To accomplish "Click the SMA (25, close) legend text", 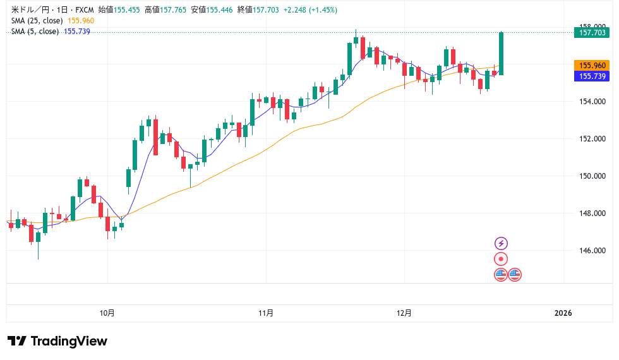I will click(x=37, y=21).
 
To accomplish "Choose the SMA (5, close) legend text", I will click(x=35, y=31).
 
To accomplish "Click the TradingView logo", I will click(x=57, y=341).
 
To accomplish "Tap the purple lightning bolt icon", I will click(x=501, y=243).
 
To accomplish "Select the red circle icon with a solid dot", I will click(x=501, y=259).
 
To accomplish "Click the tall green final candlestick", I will click(x=501, y=54).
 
